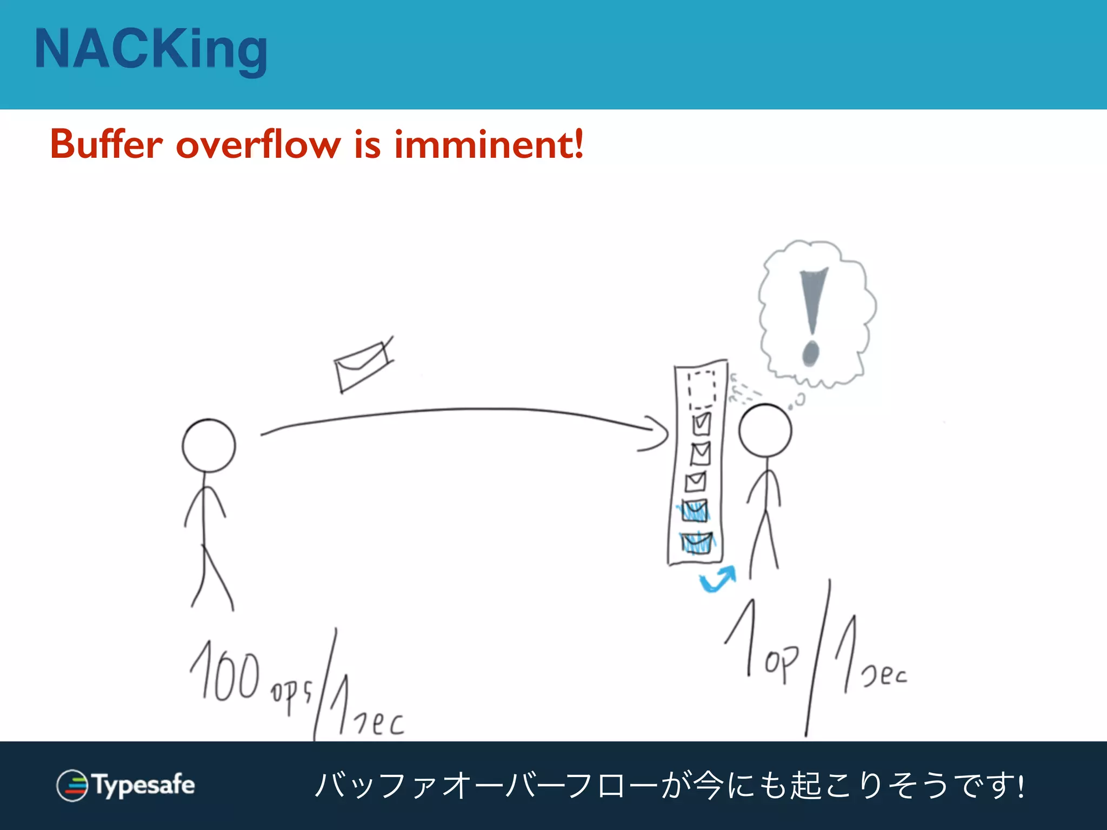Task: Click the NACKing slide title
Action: pos(151,50)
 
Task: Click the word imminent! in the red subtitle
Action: pos(489,144)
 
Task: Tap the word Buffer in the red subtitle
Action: pos(106,144)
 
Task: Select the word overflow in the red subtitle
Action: pos(258,144)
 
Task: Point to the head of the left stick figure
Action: pos(209,445)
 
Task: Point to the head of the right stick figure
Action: pos(765,431)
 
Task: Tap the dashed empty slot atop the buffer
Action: pos(702,389)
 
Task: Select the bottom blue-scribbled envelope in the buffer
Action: pos(697,543)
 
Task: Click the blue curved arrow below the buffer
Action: pos(718,580)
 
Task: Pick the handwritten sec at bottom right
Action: pos(884,675)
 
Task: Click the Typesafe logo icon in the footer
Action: pos(72,785)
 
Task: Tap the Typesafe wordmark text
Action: pos(144,785)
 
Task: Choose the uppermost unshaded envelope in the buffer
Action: pos(702,424)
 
